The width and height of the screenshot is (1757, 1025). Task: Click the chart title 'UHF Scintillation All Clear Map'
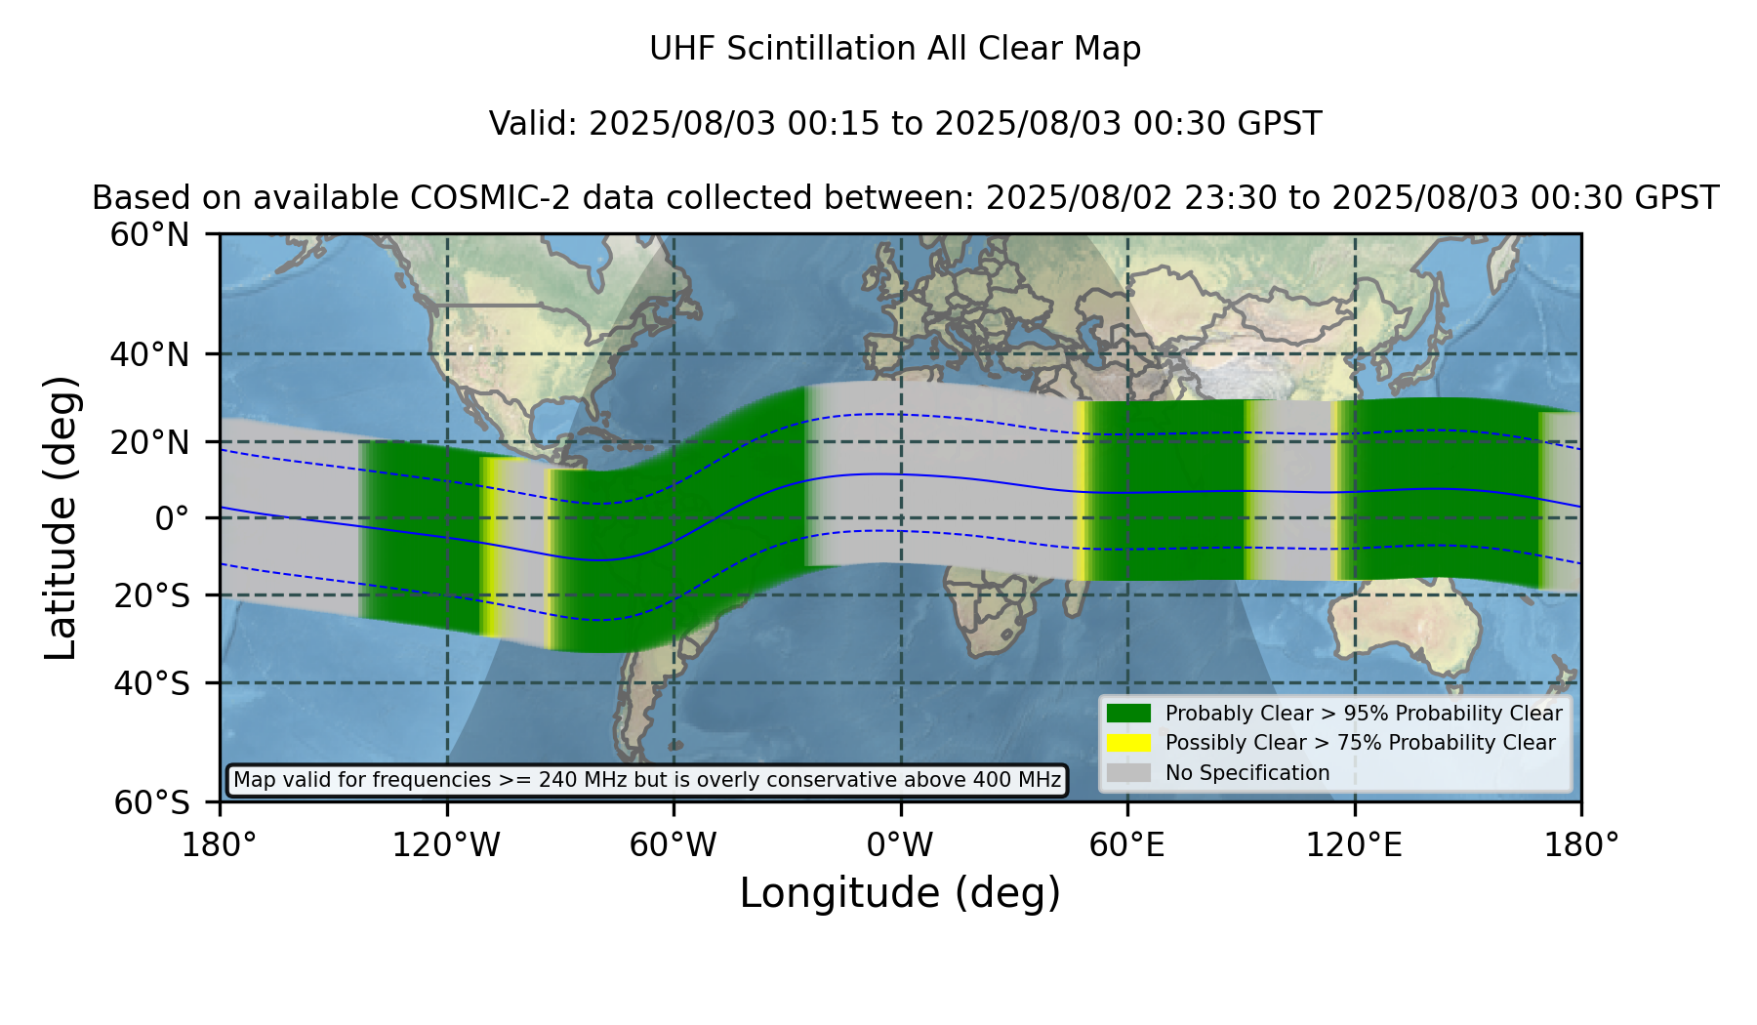(x=895, y=49)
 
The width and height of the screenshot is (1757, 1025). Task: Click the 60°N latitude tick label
(x=150, y=235)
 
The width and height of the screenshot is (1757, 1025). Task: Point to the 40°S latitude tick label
(x=152, y=683)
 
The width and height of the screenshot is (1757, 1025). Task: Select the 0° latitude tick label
(x=173, y=518)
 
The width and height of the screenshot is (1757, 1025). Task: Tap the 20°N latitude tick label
(x=150, y=442)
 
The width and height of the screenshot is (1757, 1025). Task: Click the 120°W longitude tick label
(x=447, y=845)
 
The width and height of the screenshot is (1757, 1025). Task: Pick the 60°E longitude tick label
(x=1127, y=845)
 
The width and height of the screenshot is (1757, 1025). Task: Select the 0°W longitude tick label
(x=901, y=845)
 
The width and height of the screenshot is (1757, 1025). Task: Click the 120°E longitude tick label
(x=1355, y=845)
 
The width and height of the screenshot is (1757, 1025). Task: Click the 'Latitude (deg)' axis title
(x=61, y=517)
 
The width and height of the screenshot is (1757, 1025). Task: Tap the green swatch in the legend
(x=1128, y=714)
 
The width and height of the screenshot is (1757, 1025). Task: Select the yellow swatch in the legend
(x=1128, y=743)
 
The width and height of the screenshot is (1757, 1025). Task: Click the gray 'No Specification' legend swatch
(x=1128, y=773)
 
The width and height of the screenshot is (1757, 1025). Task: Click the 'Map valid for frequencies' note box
(x=647, y=780)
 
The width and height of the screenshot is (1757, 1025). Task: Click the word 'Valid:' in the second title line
(x=534, y=124)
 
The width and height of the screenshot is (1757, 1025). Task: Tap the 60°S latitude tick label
(x=152, y=802)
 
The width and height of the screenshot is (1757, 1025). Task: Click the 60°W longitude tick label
(x=674, y=845)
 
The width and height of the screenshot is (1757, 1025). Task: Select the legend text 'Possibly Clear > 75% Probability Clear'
(x=1361, y=743)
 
